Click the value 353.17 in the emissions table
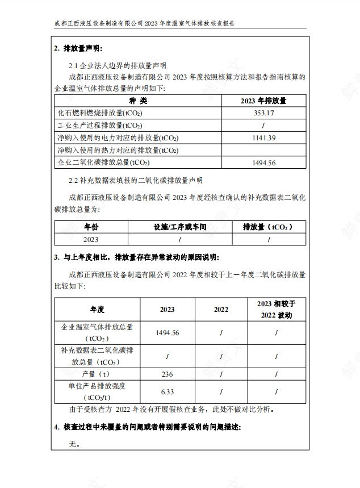[263, 113]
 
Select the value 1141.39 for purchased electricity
[263, 137]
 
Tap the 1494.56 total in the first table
[263, 162]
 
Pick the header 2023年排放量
[263, 101]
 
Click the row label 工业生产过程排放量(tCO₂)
[100, 126]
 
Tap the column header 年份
[91, 227]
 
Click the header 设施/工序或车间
[179, 227]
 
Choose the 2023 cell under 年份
[91, 240]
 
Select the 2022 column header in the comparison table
[221, 309]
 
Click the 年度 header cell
[97, 309]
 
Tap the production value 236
[167, 374]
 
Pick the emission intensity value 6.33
[167, 392]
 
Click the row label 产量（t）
[97, 374]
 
